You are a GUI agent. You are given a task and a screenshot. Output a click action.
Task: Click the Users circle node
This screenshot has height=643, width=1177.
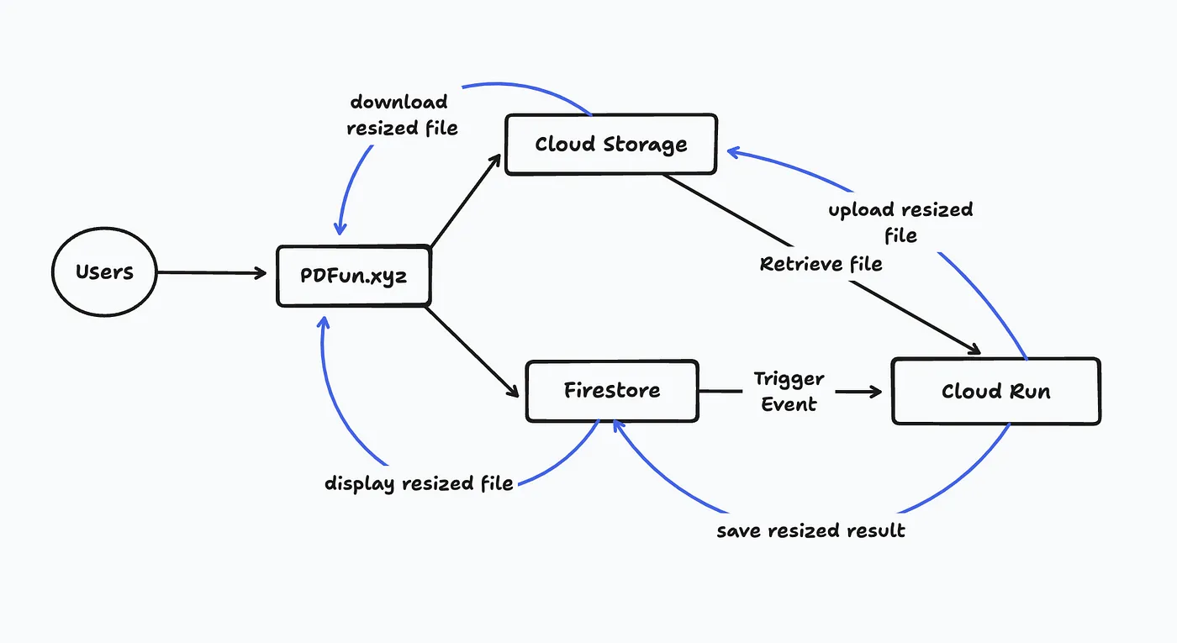(104, 272)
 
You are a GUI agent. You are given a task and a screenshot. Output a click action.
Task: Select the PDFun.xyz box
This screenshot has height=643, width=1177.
(354, 276)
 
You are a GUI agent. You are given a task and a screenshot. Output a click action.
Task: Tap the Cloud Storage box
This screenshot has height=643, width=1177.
(611, 145)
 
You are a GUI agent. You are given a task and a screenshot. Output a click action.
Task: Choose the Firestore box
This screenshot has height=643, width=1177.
(611, 391)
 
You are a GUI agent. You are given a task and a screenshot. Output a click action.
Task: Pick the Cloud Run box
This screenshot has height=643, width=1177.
(995, 392)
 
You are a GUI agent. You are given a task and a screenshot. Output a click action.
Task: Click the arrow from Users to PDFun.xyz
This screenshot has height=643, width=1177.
(210, 272)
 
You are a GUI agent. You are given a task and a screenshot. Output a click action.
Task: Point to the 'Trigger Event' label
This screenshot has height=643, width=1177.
(789, 392)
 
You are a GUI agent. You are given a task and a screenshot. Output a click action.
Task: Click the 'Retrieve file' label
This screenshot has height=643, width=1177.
(821, 264)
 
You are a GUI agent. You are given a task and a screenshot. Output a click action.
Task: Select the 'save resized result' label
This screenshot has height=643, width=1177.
(810, 531)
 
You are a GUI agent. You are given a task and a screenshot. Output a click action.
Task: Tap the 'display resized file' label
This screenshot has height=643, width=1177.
(419, 483)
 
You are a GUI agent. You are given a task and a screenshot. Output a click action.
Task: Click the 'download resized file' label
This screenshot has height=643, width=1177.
(402, 115)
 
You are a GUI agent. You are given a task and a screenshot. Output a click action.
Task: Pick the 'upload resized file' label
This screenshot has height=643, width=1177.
(900, 222)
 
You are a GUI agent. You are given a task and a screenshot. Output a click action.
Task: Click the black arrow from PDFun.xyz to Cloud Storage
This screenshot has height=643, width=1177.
(467, 202)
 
